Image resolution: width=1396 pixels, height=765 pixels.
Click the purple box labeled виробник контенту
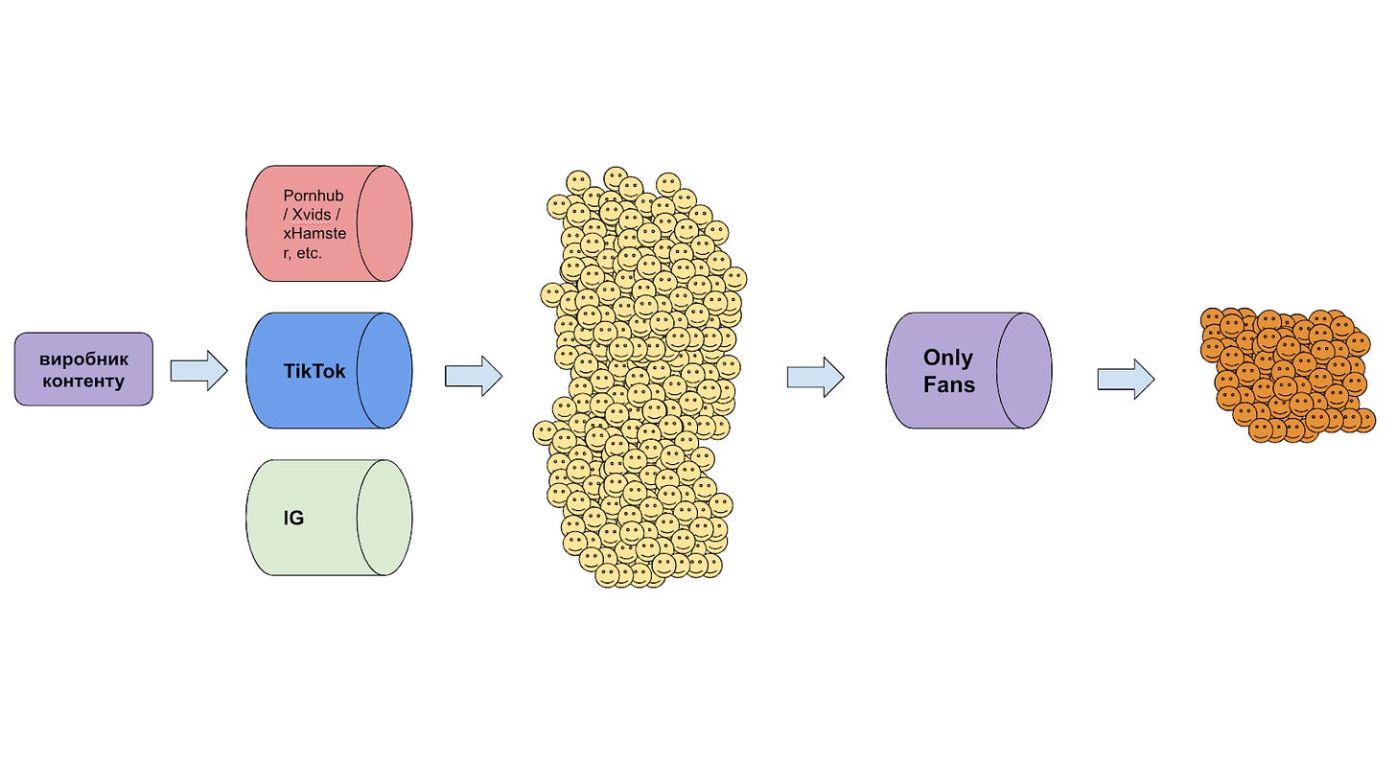click(x=83, y=369)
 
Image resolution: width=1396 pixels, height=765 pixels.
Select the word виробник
click(x=83, y=359)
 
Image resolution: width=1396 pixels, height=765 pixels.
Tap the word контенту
click(x=83, y=381)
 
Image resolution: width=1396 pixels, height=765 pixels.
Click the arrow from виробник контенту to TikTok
click(x=198, y=370)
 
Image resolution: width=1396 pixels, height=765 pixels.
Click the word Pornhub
click(x=313, y=196)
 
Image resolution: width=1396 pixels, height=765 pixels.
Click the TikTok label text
click(x=314, y=370)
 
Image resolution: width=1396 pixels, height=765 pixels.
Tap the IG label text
click(x=293, y=519)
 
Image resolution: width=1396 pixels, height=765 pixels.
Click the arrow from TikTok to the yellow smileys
click(x=473, y=376)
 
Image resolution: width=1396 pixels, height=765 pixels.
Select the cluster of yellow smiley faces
click(x=638, y=379)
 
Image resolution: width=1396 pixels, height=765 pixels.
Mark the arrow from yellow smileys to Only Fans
click(x=815, y=377)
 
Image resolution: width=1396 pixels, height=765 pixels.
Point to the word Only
click(x=947, y=358)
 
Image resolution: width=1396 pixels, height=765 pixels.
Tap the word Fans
click(x=948, y=384)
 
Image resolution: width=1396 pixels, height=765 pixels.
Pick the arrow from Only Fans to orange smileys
click(x=1126, y=379)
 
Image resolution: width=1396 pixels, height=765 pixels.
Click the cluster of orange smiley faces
click(x=1285, y=374)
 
